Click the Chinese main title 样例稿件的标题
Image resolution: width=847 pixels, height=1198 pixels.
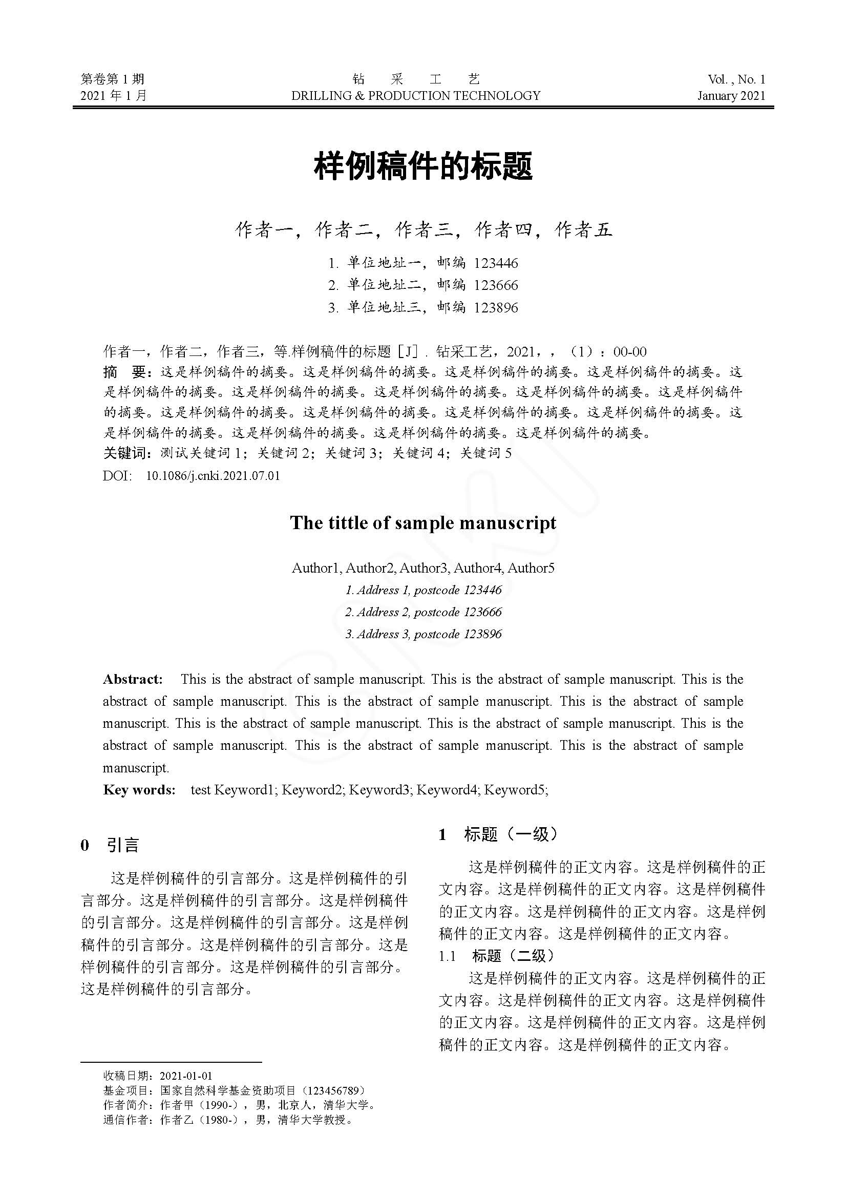pyautogui.click(x=423, y=166)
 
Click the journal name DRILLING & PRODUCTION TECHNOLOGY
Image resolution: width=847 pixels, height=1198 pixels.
pyautogui.click(x=416, y=95)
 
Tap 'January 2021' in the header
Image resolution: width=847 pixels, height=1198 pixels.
pyautogui.click(x=731, y=95)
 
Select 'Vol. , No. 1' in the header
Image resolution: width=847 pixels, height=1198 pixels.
pyautogui.click(x=736, y=79)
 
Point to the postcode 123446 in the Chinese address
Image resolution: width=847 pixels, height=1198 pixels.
pyautogui.click(x=496, y=263)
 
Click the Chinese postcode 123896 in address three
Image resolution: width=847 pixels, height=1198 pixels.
pyautogui.click(x=496, y=308)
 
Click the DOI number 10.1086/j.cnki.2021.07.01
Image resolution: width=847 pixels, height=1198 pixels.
pyautogui.click(x=213, y=476)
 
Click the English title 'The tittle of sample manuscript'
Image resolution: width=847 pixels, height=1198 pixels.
pyautogui.click(x=423, y=523)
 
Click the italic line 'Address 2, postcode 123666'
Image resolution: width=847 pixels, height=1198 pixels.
pyautogui.click(x=423, y=612)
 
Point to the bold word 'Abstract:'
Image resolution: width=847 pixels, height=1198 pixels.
pyautogui.click(x=133, y=679)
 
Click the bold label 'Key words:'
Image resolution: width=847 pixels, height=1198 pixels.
pyautogui.click(x=139, y=789)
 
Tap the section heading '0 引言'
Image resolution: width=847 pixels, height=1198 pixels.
pyautogui.click(x=110, y=845)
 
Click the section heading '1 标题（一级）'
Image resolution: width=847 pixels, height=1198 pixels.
pyautogui.click(x=498, y=834)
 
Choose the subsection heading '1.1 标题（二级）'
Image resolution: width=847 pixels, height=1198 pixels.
pyautogui.click(x=496, y=955)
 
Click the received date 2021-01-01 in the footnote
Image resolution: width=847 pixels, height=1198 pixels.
pyautogui.click(x=186, y=1076)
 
